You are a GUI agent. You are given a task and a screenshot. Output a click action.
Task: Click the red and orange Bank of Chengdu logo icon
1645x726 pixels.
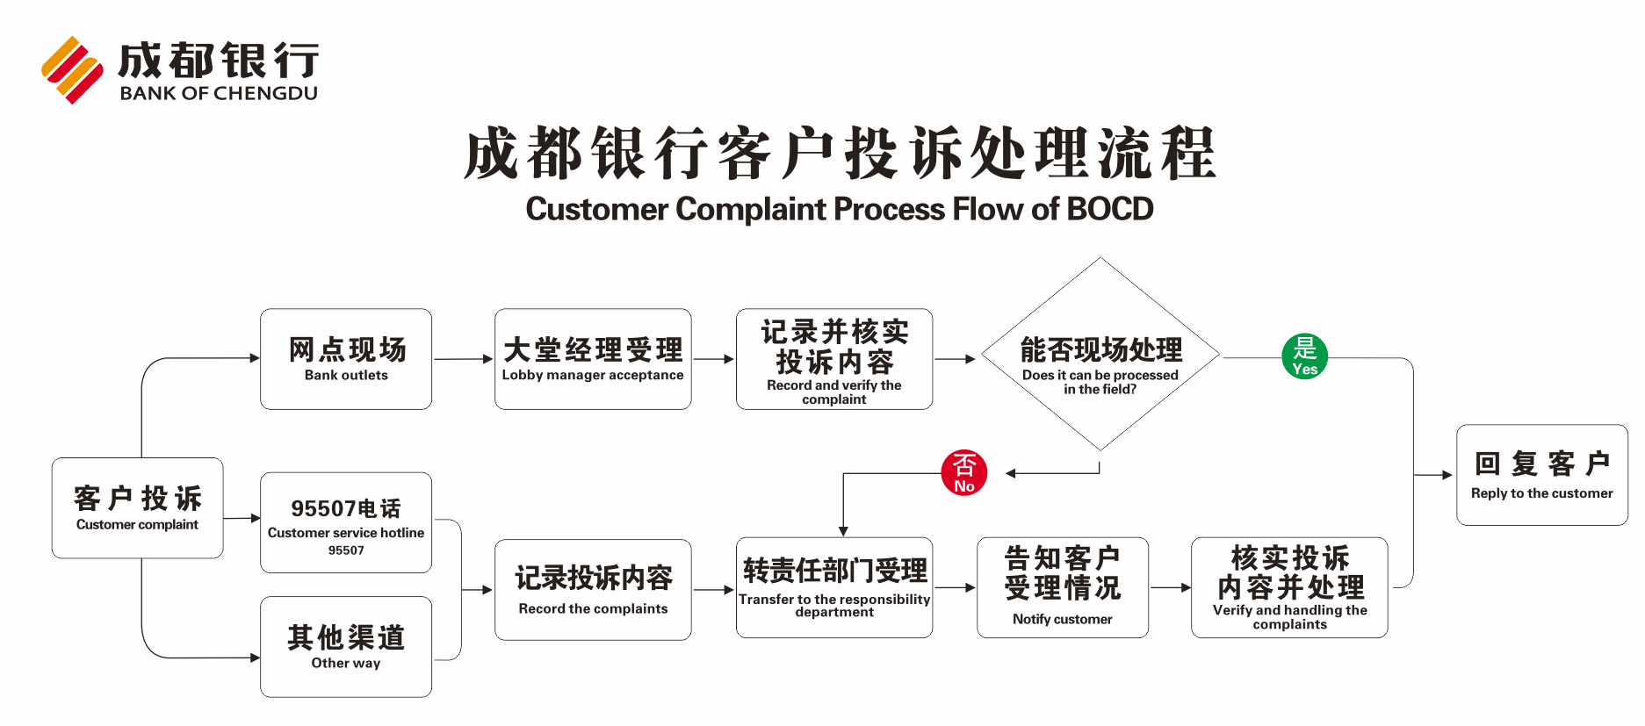tap(72, 70)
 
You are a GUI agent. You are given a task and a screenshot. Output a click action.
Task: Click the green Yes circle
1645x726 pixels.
tap(1304, 356)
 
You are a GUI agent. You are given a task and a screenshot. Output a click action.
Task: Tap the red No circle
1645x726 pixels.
tap(963, 473)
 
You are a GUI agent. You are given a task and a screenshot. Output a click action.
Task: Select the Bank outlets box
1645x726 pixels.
tap(346, 359)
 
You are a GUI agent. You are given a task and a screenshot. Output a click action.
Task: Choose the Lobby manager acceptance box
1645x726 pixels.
tap(593, 359)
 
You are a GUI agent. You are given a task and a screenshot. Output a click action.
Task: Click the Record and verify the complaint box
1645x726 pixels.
tap(834, 359)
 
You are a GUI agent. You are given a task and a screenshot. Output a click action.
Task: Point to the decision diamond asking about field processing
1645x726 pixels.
tap(1100, 355)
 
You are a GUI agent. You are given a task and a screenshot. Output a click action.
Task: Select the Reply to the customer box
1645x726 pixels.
tap(1541, 475)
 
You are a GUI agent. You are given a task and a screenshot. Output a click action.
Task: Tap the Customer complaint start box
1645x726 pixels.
tap(138, 507)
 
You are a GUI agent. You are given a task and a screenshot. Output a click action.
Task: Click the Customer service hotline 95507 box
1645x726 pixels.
tap(346, 523)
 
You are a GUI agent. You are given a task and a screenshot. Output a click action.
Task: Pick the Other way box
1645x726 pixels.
tap(346, 647)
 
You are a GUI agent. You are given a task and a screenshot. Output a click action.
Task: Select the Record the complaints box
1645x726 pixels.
tap(593, 589)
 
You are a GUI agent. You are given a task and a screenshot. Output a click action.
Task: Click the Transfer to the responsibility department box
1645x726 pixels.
tap(834, 587)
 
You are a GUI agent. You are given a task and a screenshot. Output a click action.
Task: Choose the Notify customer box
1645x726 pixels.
tap(1063, 587)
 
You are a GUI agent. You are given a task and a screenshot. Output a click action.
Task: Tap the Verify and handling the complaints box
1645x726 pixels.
tap(1289, 587)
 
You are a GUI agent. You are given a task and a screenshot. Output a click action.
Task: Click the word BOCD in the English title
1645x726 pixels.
tap(1109, 210)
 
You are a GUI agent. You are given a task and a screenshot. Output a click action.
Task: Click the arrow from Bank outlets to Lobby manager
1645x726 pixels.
tap(463, 359)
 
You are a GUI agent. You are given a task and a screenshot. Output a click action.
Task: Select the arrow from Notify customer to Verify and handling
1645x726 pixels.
tap(1170, 587)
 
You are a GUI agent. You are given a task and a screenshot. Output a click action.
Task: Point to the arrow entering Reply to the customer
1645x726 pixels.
tap(1433, 475)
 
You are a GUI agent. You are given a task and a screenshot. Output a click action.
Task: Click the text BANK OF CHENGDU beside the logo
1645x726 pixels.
tap(219, 94)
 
